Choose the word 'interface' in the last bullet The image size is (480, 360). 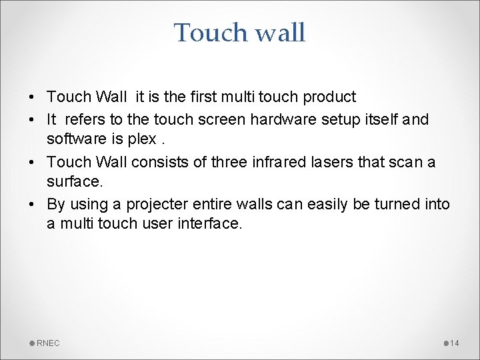(x=210, y=223)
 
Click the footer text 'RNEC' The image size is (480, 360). (x=48, y=343)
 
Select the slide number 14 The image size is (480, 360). (x=455, y=343)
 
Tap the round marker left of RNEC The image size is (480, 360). (x=33, y=343)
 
